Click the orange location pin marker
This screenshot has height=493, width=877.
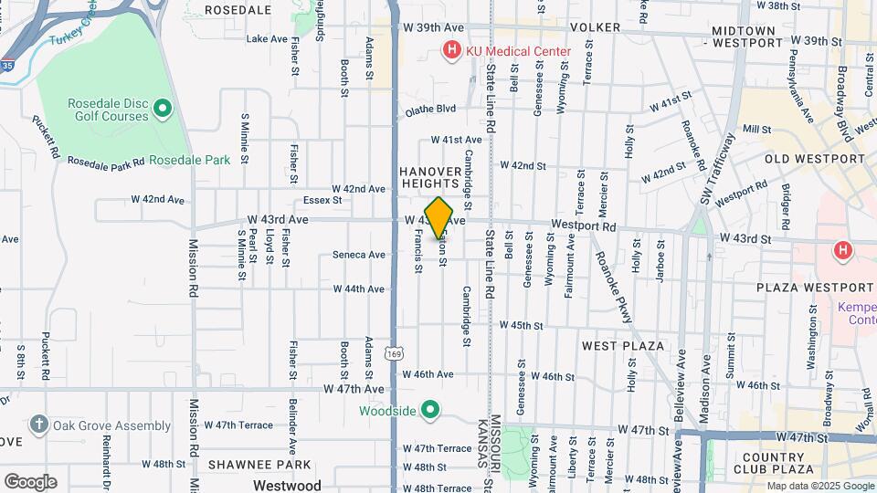click(x=439, y=217)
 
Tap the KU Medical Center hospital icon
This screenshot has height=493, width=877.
click(x=451, y=51)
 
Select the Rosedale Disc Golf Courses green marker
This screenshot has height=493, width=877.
click(x=163, y=110)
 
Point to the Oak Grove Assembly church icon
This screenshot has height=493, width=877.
click(x=38, y=425)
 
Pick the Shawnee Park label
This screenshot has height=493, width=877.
click(x=247, y=464)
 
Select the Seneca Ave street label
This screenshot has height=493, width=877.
click(x=359, y=255)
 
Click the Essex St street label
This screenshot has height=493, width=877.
click(x=322, y=200)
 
